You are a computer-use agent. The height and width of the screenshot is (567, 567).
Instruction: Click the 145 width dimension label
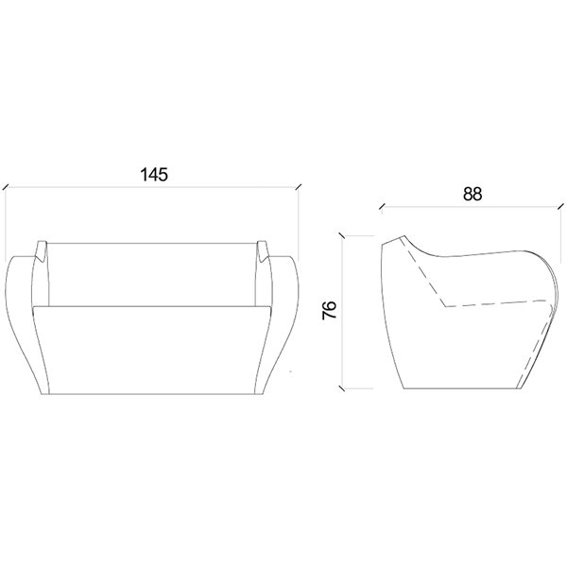154,174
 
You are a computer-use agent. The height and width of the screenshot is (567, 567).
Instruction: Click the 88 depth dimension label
472,194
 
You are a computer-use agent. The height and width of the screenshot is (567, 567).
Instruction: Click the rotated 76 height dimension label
330,310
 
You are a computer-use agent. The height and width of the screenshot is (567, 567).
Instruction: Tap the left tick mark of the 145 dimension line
6,186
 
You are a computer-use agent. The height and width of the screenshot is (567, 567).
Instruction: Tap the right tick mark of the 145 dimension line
299,186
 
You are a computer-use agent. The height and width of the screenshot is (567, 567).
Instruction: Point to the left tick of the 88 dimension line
382,206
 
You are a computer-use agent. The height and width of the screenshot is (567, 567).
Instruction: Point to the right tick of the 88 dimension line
560,206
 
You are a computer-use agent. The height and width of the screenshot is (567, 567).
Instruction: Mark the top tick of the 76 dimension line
341,235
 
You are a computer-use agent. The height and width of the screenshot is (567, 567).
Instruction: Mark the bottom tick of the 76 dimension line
341,388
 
